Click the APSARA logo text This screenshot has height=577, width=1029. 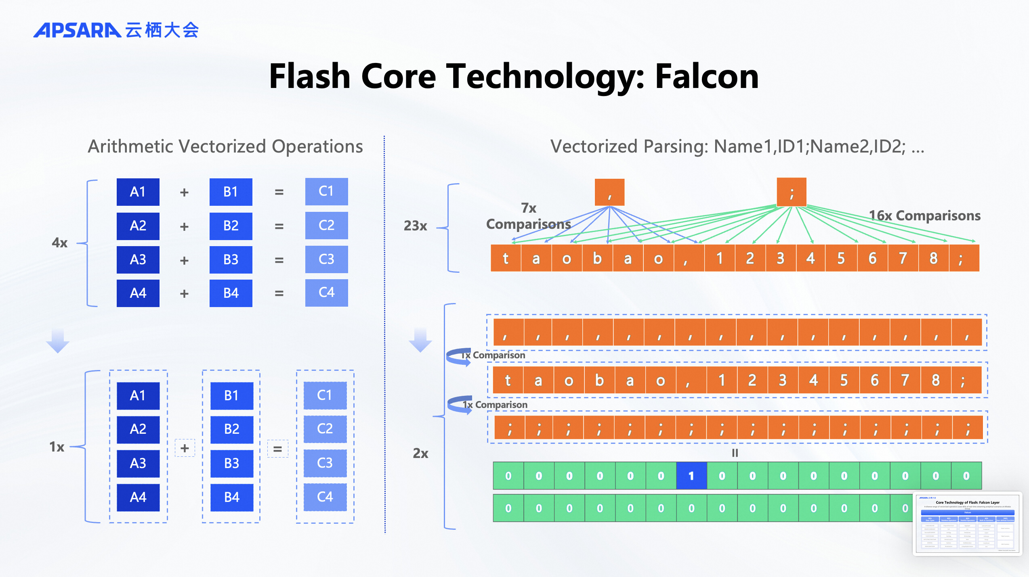point(77,30)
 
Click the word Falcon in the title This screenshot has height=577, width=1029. point(707,76)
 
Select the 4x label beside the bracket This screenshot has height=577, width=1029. point(59,243)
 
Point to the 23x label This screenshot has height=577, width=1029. point(415,226)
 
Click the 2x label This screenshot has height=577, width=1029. point(420,453)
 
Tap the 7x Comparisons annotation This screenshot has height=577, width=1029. point(528,216)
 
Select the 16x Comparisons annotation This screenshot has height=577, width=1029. point(924,215)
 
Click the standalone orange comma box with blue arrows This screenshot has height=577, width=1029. point(609,192)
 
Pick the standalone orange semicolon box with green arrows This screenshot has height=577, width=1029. point(792,192)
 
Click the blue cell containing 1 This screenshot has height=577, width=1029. point(691,476)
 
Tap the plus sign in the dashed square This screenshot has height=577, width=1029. point(185,448)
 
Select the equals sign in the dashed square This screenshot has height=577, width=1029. point(278,449)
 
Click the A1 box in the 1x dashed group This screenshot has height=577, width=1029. point(138,395)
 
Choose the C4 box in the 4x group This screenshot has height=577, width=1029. point(326,293)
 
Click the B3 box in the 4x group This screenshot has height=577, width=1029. point(231,259)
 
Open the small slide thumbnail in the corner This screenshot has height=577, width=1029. point(967,523)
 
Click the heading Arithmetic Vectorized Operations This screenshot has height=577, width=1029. point(225,146)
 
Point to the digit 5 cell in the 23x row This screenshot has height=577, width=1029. point(841,258)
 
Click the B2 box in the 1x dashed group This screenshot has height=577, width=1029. point(232,429)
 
